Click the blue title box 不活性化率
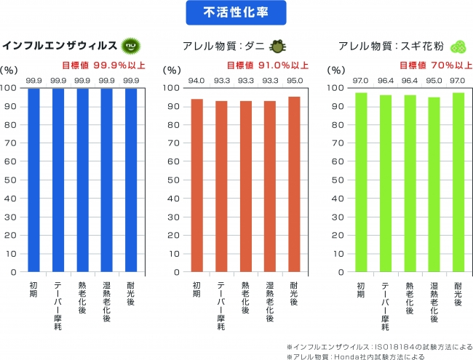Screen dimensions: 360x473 tap(236, 12)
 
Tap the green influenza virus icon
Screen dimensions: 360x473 tap(130, 46)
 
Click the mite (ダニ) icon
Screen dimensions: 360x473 tap(277, 47)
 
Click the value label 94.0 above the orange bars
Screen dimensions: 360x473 tap(196, 81)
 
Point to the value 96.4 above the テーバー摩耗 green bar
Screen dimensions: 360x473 tap(385, 81)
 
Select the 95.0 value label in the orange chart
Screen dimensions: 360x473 tap(294, 81)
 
